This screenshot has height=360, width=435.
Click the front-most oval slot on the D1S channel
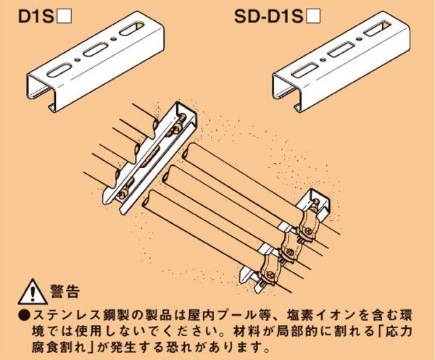[x=59, y=69]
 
